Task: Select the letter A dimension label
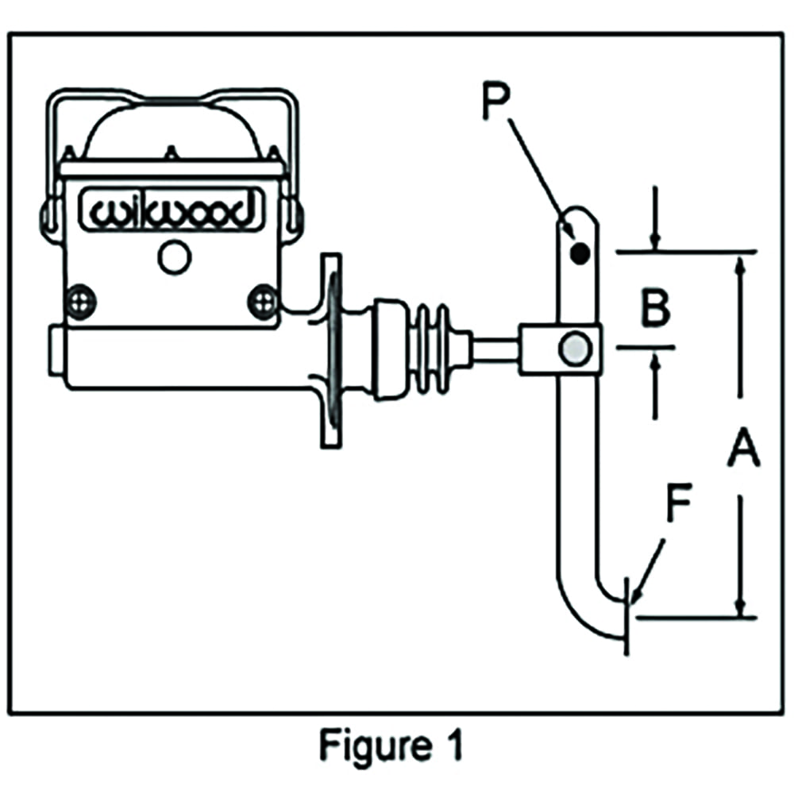pos(743,449)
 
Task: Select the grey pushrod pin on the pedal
pos(573,347)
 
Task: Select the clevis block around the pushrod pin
pos(560,348)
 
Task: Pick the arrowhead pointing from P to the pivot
pos(571,234)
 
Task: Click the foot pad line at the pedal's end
pos(628,615)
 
